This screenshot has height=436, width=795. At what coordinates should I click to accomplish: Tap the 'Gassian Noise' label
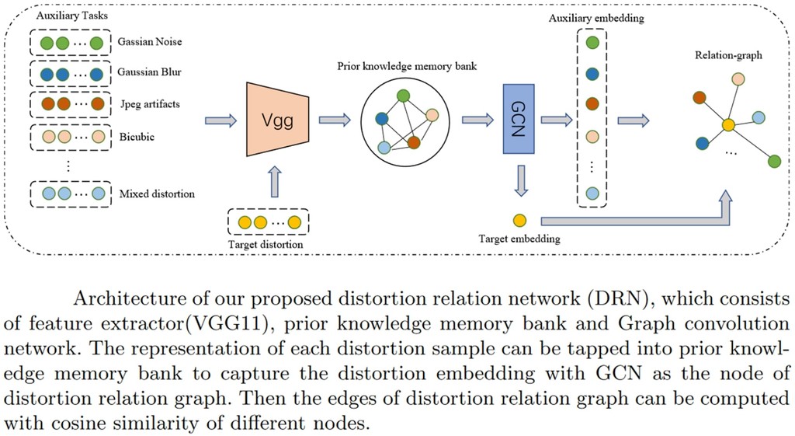tap(149, 41)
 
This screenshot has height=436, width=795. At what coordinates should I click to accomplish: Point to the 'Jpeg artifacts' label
tap(151, 103)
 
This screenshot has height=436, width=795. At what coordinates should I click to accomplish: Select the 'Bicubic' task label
tap(137, 136)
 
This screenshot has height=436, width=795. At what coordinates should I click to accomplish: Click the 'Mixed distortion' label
tap(156, 193)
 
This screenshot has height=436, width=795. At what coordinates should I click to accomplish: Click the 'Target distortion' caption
tap(266, 245)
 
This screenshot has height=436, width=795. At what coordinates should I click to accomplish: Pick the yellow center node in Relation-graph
tap(727, 124)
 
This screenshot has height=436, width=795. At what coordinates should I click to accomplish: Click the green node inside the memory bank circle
tap(403, 96)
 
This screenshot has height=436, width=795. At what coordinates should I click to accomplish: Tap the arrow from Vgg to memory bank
tap(334, 120)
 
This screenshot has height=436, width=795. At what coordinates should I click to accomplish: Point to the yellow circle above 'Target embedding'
tap(519, 220)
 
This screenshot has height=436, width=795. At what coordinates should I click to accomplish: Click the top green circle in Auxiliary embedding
tap(592, 44)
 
